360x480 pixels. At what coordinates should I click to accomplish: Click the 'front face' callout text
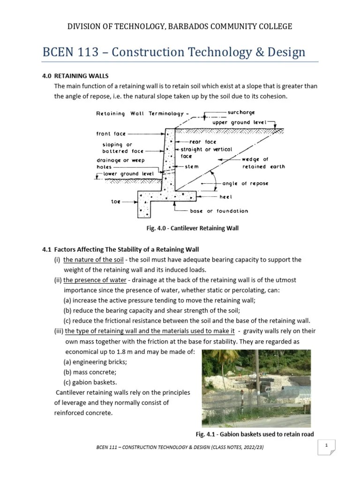click(x=111, y=134)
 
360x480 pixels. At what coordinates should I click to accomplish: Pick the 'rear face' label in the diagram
click(x=202, y=142)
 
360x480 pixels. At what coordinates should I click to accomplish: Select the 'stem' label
click(x=192, y=166)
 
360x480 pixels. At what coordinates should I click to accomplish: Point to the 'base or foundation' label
click(x=219, y=211)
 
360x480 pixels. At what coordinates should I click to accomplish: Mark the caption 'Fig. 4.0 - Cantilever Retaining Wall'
click(x=193, y=228)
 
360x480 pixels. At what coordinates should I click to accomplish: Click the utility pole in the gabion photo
click(x=257, y=375)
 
